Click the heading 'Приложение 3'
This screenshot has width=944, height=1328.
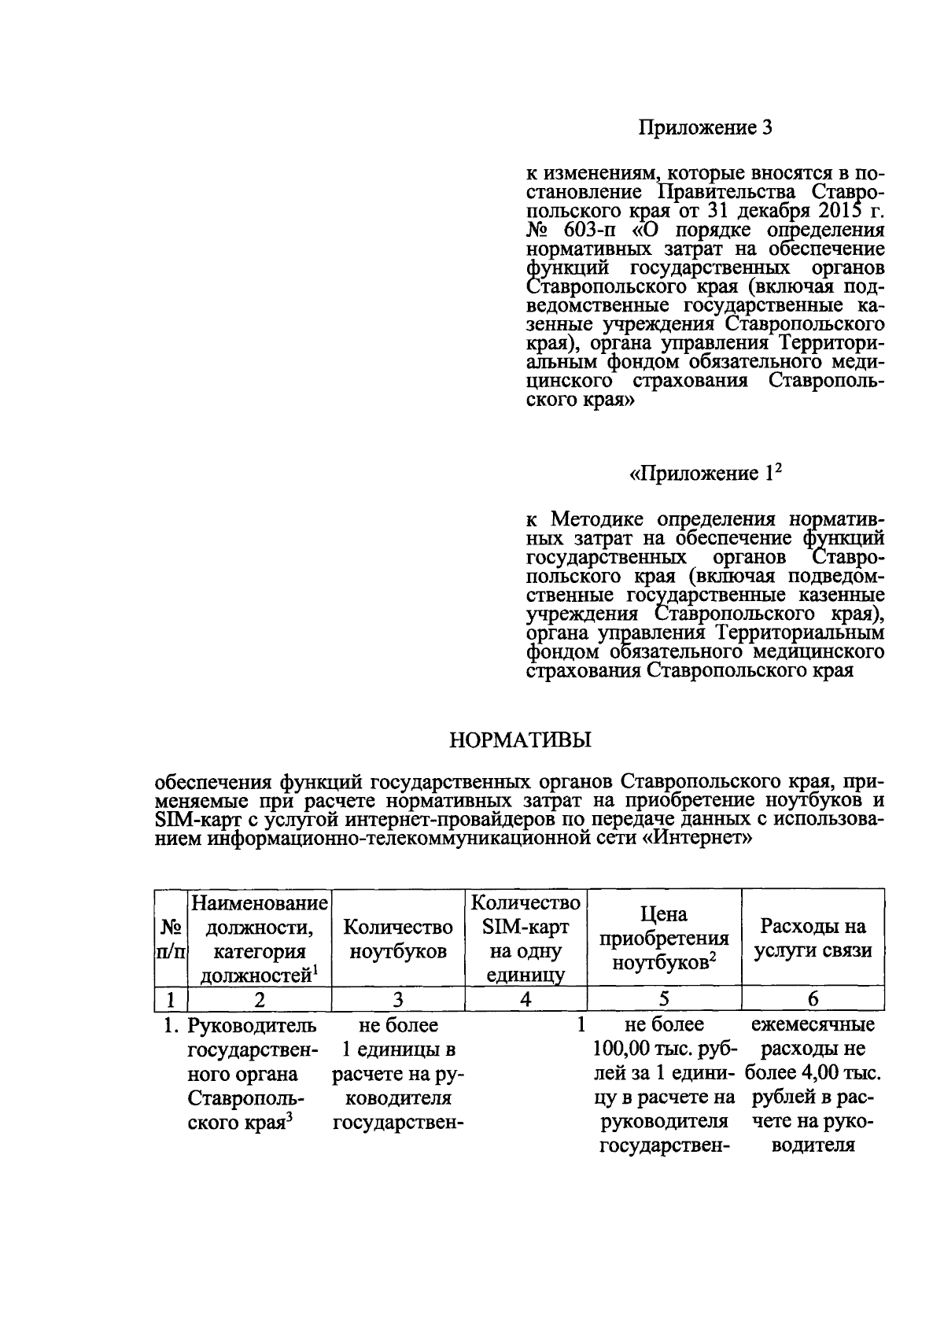coord(705,127)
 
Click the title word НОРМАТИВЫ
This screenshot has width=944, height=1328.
coord(520,740)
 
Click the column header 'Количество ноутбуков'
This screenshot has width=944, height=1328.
coord(398,939)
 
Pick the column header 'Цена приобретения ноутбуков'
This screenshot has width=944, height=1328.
coord(664,939)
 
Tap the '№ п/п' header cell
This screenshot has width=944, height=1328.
coord(171,939)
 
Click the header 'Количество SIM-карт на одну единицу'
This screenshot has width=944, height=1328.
coord(525,939)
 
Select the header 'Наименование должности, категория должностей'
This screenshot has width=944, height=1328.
coord(259,939)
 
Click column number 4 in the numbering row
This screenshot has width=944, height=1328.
coord(525,999)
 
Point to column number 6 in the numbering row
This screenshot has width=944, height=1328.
coord(813,999)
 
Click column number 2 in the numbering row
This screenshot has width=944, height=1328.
coord(259,999)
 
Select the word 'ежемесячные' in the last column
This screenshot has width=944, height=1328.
coord(813,1026)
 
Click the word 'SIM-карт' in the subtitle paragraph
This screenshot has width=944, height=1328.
coord(194,820)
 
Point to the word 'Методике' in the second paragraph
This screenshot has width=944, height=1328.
coord(598,520)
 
